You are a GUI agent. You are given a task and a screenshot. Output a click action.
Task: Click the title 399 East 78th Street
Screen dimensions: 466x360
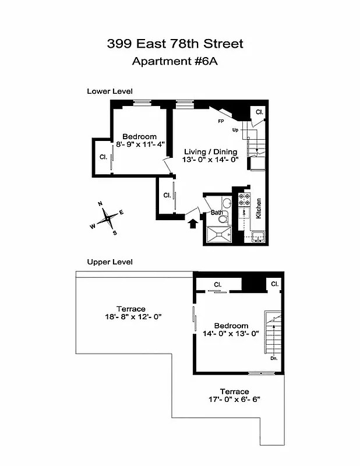coord(175,44)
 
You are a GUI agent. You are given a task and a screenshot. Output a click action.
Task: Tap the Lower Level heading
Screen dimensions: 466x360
coord(110,91)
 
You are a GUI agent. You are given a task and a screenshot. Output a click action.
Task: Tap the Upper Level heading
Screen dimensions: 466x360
coord(110,262)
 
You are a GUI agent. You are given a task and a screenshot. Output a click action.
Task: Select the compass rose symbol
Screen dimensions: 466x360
coord(107,218)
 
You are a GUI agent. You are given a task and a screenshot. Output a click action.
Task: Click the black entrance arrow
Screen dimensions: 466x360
coord(192,224)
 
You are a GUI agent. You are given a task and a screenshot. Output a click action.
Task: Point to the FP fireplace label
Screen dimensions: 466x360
coord(221,122)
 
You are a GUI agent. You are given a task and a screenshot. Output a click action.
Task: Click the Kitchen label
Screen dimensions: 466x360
coord(258,209)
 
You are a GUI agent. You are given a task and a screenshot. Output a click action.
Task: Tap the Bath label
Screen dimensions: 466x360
coord(217,213)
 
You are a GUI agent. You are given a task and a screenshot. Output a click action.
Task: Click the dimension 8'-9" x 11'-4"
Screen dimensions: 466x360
coord(140,144)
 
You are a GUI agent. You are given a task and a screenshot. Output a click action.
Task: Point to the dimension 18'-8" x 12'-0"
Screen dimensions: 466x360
coord(130,317)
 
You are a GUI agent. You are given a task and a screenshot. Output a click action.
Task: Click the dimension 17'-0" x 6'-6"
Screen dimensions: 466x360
coord(235,400)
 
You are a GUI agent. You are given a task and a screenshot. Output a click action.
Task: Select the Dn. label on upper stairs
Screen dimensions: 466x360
coord(274,358)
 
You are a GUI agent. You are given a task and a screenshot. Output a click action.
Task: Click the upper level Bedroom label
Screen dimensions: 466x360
coord(231,326)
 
